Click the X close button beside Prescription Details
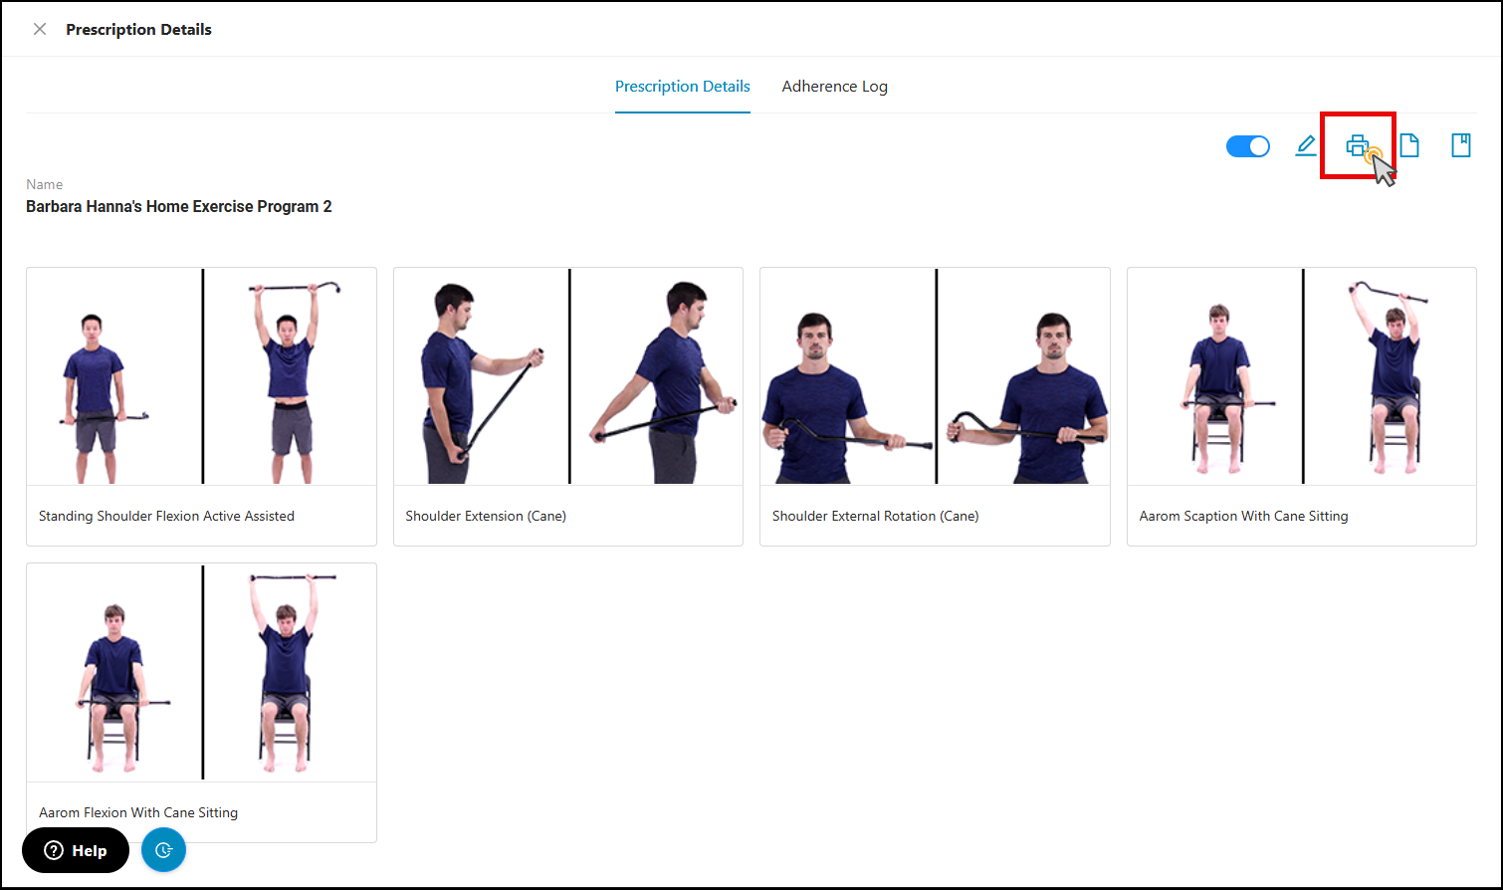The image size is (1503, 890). tap(40, 29)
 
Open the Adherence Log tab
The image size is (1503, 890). tap(834, 86)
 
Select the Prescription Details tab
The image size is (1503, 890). tap(683, 86)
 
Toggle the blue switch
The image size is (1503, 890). tap(1247, 145)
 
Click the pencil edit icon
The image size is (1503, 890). tap(1306, 145)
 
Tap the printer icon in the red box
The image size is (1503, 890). tap(1357, 145)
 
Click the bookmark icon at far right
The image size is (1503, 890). tap(1461, 145)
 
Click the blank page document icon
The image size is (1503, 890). tap(1409, 145)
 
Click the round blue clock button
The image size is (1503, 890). tap(163, 850)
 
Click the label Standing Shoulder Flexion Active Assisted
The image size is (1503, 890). tap(166, 516)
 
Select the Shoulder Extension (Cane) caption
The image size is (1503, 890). tap(486, 516)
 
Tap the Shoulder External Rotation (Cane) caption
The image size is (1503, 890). tap(875, 516)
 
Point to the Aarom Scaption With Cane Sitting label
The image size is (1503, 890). tap(1243, 516)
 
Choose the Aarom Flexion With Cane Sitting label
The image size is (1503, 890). tap(138, 812)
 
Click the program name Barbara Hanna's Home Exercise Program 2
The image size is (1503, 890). tap(178, 206)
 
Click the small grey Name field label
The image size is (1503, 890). tap(44, 184)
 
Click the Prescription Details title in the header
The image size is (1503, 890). tap(138, 29)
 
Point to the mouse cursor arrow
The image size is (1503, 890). tap(1383, 169)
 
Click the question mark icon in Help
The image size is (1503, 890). tap(54, 850)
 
